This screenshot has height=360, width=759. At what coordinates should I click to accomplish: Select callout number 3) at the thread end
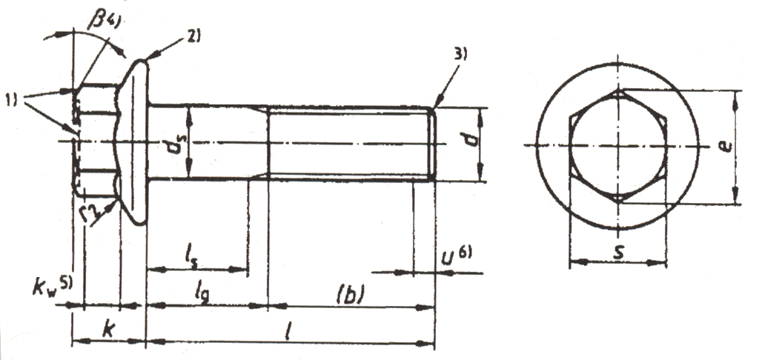click(x=461, y=55)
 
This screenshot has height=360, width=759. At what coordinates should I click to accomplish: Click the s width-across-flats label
click(x=618, y=250)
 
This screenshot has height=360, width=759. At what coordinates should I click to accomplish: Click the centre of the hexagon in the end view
click(x=617, y=145)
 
